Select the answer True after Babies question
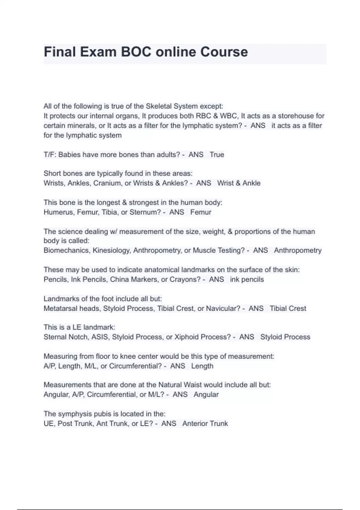[217, 154]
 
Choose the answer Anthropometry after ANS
[298, 250]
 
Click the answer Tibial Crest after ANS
[288, 308]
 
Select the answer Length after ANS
[202, 366]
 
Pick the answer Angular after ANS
[206, 394]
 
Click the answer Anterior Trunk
[205, 424]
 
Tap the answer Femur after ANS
[201, 212]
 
